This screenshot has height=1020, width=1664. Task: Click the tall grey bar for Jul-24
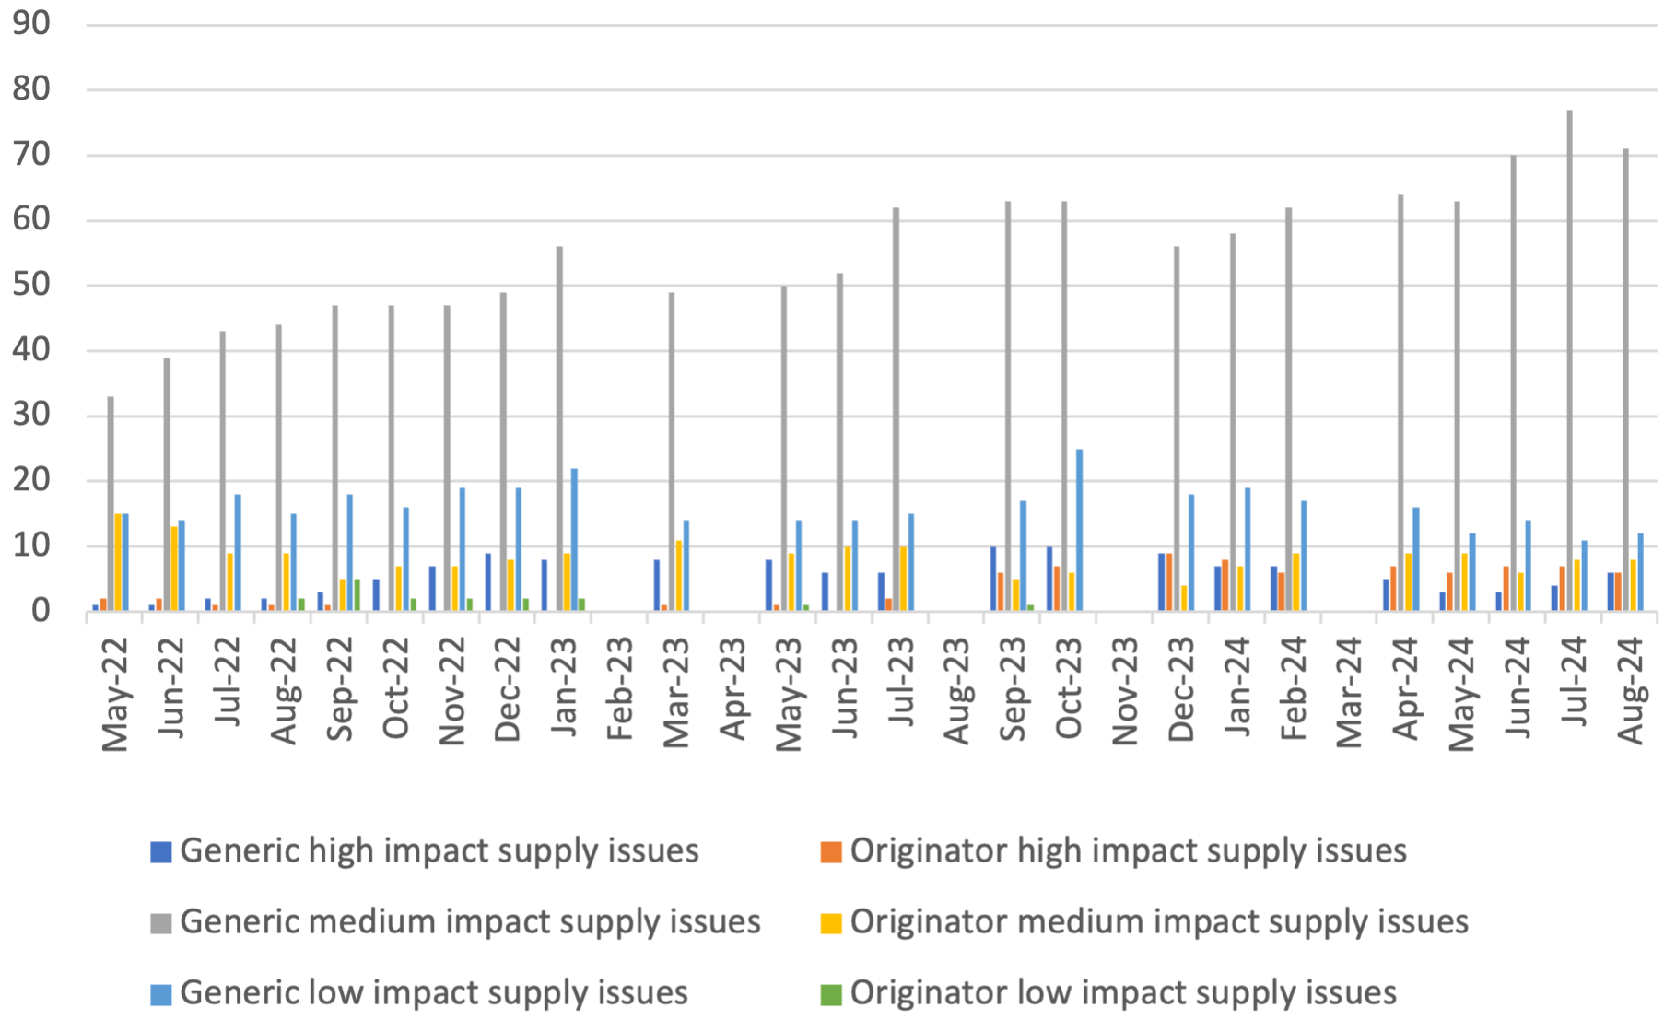(1569, 360)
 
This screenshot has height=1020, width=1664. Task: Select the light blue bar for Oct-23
(1079, 530)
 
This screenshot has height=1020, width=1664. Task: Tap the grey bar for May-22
(111, 504)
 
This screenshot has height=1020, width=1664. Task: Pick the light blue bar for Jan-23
(574, 539)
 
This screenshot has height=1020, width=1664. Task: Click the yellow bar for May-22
(118, 562)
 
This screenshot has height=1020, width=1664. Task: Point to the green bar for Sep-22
(357, 594)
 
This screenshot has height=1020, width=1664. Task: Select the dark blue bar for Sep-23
(993, 579)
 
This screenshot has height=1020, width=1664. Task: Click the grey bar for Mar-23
(672, 451)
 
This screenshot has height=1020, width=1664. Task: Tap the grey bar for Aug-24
(1625, 380)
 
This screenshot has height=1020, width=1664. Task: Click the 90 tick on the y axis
(31, 24)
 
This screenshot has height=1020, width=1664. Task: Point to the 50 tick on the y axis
(31, 285)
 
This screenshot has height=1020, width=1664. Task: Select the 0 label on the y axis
(40, 610)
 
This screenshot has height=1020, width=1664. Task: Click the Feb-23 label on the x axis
(620, 688)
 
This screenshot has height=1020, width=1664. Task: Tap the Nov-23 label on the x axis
(1125, 690)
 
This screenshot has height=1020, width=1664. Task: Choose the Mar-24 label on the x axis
(1349, 690)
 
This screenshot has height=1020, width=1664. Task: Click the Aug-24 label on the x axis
(1630, 690)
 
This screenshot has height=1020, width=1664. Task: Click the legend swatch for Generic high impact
(161, 851)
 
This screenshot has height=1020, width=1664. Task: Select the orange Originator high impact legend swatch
(831, 851)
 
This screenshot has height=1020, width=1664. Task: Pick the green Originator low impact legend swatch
(831, 994)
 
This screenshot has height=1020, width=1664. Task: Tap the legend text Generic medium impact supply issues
(470, 922)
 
